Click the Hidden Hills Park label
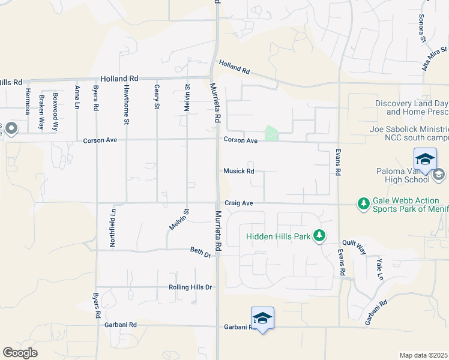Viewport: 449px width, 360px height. pos(279,236)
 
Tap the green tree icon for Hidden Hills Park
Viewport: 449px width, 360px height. pos(321,236)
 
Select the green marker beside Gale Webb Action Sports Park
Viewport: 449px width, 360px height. pos(363,204)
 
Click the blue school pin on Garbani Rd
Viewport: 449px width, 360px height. pos(262,318)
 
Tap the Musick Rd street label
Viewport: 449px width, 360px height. pos(239,171)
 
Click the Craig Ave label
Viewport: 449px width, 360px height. pos(239,203)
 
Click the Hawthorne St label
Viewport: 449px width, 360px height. pos(126,104)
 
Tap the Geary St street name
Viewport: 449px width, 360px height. pos(157,97)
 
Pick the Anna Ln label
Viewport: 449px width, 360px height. pos(77,97)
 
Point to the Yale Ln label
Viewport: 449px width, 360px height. pos(379,269)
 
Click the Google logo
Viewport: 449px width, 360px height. pos(20,353)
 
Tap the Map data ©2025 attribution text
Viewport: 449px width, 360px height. pos(423,355)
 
